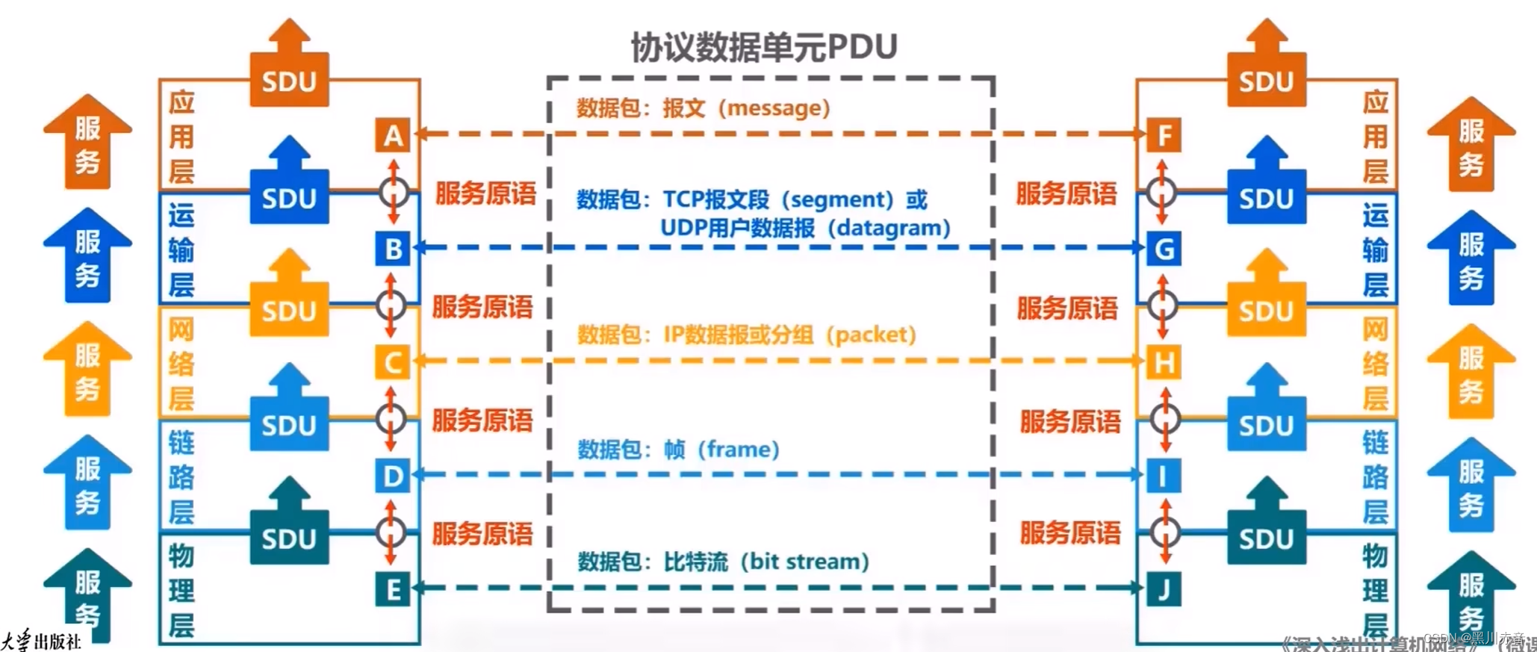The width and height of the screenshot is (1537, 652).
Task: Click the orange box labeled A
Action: (393, 136)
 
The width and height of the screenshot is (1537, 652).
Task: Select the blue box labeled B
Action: (393, 249)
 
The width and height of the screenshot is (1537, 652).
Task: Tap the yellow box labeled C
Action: (393, 363)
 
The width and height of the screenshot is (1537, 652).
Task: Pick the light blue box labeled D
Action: (393, 476)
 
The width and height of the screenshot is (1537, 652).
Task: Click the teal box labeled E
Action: (393, 590)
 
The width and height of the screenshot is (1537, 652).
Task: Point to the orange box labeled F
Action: (1164, 136)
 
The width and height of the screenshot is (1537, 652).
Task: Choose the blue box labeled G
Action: (1164, 249)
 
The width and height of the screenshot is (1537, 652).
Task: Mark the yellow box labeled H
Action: (1164, 363)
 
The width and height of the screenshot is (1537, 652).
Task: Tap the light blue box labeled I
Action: (1164, 476)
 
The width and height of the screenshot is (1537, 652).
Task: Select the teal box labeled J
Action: (1164, 590)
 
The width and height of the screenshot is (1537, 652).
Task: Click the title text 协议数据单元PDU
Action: (763, 47)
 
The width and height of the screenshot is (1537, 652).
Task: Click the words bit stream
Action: (805, 562)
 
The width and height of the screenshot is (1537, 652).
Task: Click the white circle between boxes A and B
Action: (394, 193)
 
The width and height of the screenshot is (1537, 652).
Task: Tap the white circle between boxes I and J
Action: (1165, 533)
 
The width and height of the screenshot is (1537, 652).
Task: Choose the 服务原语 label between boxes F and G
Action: (1066, 194)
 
